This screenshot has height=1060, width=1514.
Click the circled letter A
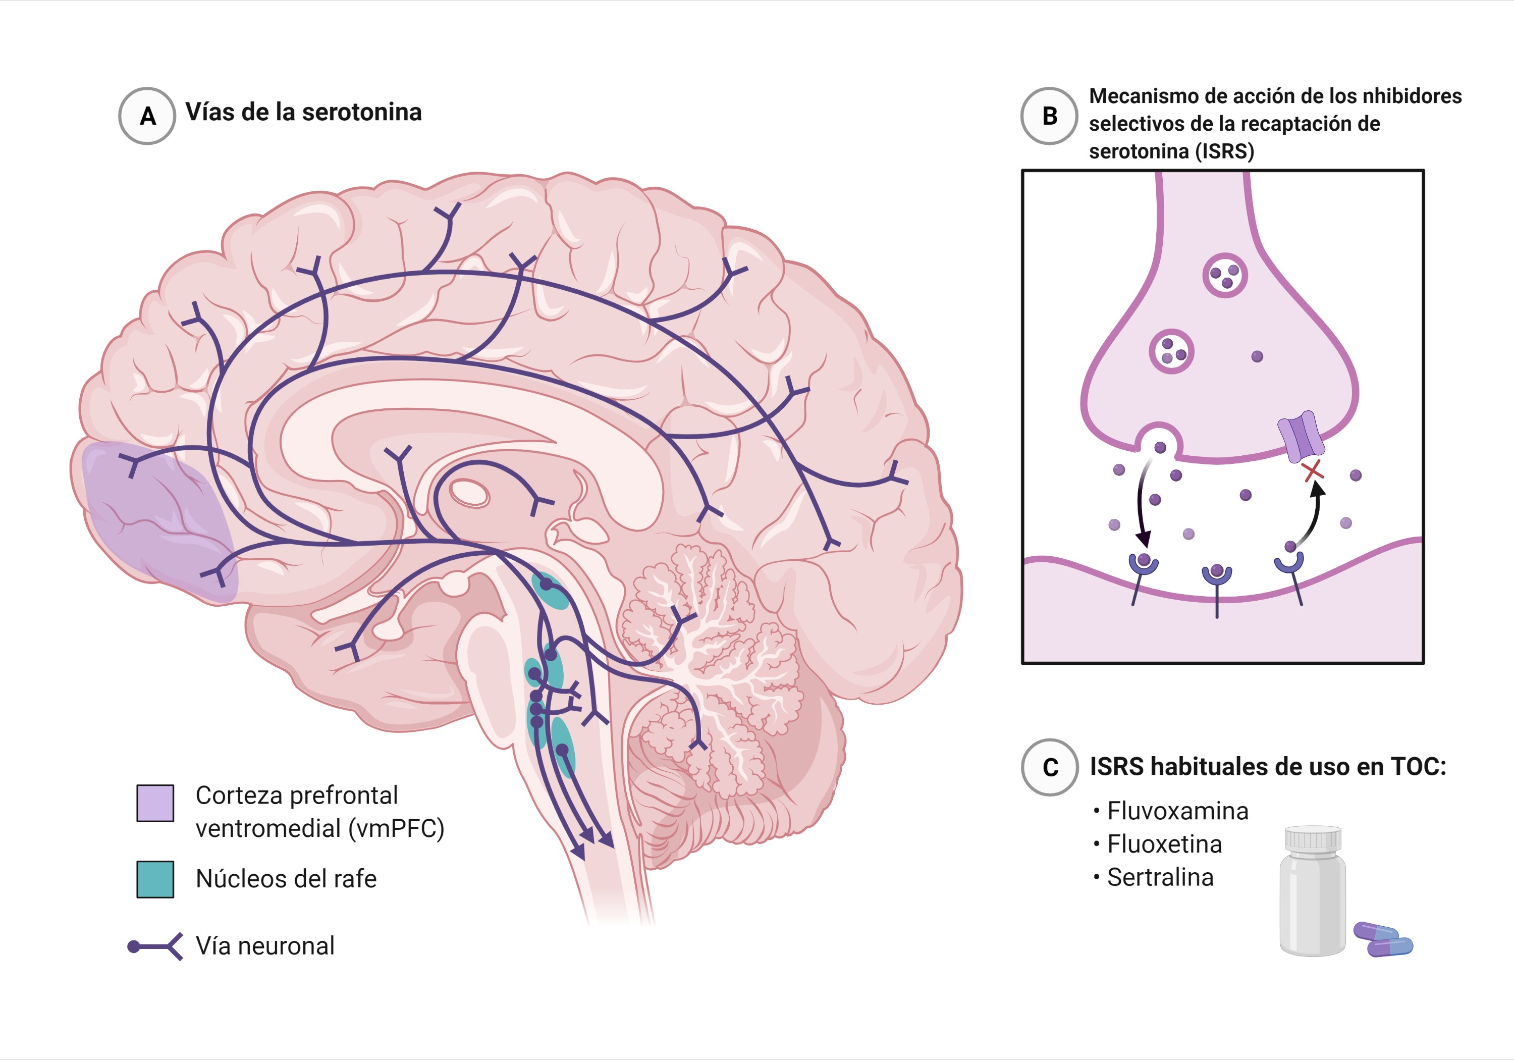[147, 116]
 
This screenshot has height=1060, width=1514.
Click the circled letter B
[1049, 116]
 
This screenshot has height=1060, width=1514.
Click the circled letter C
[1050, 767]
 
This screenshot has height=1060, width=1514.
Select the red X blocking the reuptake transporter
[1313, 471]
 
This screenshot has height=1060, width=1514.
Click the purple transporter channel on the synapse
[1301, 436]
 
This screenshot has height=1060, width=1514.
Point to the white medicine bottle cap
[1313, 838]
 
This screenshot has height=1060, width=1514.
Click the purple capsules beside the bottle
[1383, 939]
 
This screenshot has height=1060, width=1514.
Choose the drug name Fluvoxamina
[1178, 811]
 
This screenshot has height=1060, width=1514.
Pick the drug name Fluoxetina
[1164, 844]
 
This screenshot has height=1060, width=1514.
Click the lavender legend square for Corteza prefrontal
[155, 803]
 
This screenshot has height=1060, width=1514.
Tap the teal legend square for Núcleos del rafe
[155, 879]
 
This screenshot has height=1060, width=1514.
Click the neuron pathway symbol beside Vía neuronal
[155, 946]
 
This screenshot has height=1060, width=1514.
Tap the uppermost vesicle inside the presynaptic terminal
[1225, 275]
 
